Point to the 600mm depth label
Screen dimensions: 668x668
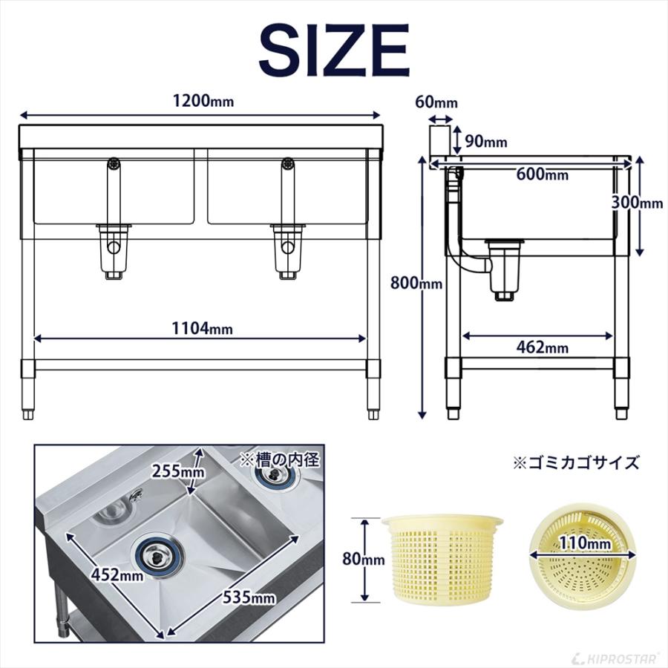pyautogui.click(x=543, y=175)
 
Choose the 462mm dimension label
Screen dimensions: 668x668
pyautogui.click(x=542, y=347)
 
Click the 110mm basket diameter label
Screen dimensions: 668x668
pyautogui.click(x=586, y=545)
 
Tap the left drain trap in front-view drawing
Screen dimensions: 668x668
pyautogui.click(x=114, y=249)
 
